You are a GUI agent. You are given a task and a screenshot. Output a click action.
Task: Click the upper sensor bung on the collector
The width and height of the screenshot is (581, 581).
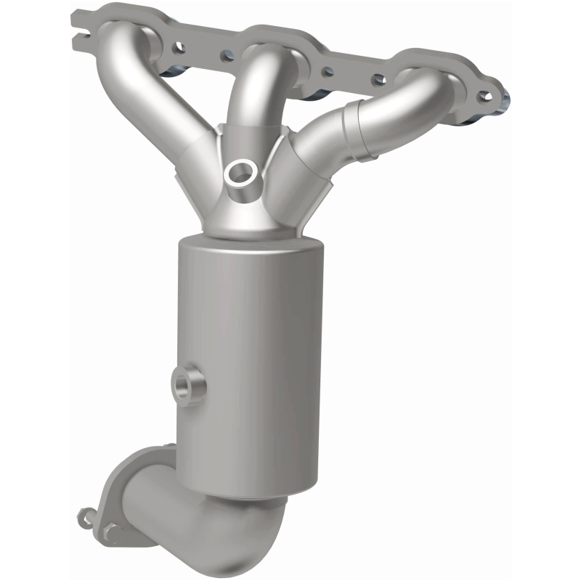tap(239, 173)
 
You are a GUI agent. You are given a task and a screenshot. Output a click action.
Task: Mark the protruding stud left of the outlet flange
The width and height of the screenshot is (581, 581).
tap(85, 517)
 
